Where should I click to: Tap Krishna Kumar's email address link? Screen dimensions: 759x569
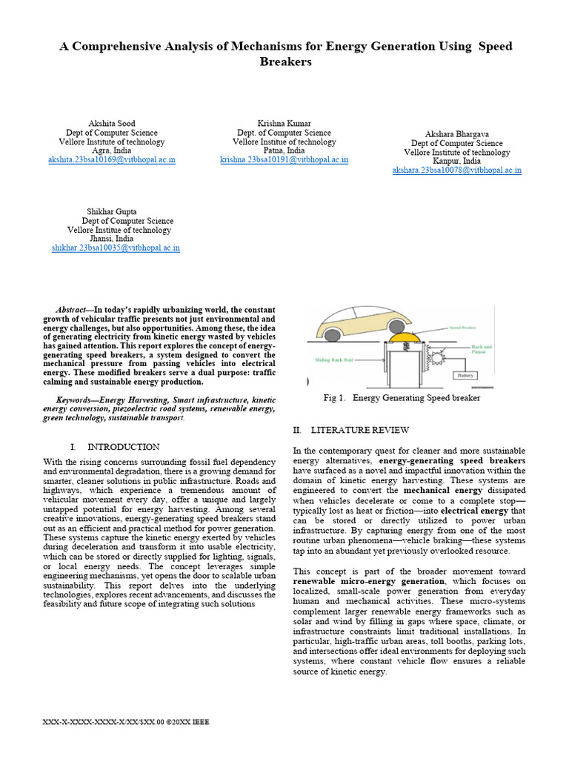point(284,159)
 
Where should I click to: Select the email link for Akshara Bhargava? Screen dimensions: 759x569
point(456,170)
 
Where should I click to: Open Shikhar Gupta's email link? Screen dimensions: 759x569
point(116,248)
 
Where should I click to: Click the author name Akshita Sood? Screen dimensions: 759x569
point(112,123)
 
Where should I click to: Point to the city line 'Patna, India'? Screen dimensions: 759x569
point(284,150)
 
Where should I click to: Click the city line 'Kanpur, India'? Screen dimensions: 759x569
point(456,161)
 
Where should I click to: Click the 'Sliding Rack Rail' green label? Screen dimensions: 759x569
point(330,359)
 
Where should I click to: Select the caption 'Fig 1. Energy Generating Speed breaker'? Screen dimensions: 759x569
point(402,398)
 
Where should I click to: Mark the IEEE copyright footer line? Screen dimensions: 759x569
point(127,721)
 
